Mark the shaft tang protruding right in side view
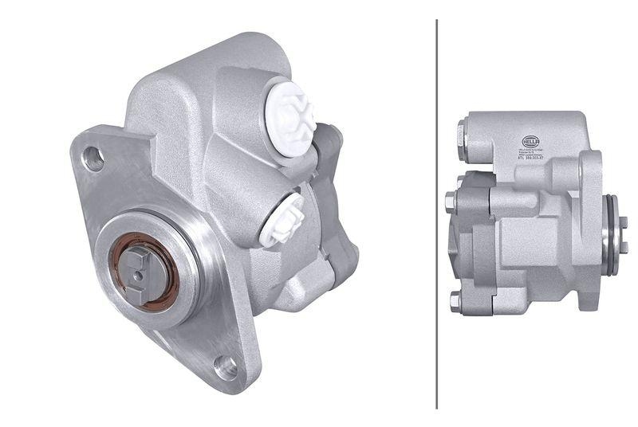[622, 235]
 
